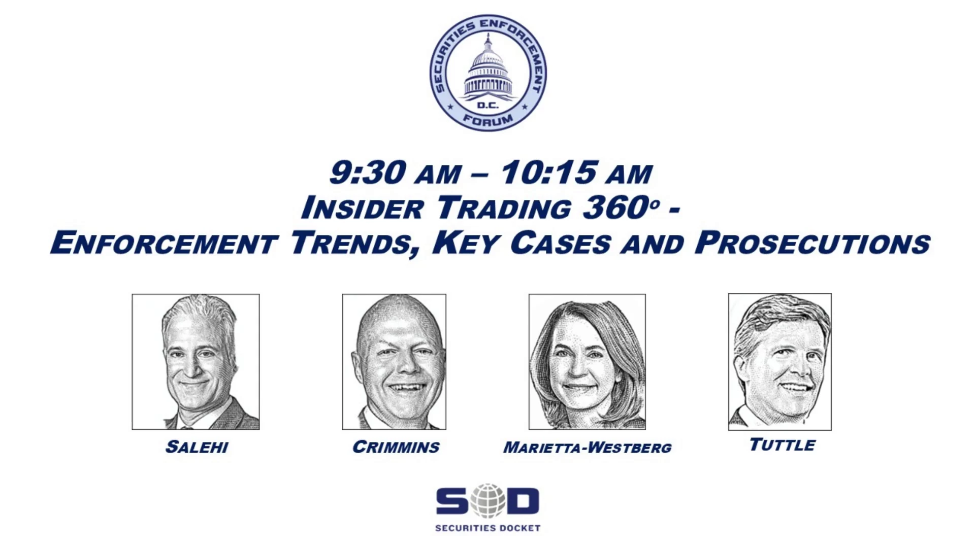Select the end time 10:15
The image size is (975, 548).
[x=548, y=173]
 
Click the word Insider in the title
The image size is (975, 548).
[x=362, y=208]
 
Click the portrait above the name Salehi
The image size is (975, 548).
[x=196, y=362]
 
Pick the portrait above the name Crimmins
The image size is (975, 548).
[x=394, y=362]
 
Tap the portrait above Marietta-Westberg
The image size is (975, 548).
[x=587, y=362]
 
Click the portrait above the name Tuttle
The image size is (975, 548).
[x=780, y=362]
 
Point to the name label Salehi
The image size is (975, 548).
[x=197, y=447]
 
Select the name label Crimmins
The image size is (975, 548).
[x=396, y=447]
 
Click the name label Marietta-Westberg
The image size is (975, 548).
[x=588, y=448]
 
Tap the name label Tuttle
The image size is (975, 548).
[x=783, y=445]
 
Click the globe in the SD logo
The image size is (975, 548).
[x=487, y=501]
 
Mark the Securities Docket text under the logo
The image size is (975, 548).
[x=487, y=528]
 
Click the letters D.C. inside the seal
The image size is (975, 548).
[x=488, y=106]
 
